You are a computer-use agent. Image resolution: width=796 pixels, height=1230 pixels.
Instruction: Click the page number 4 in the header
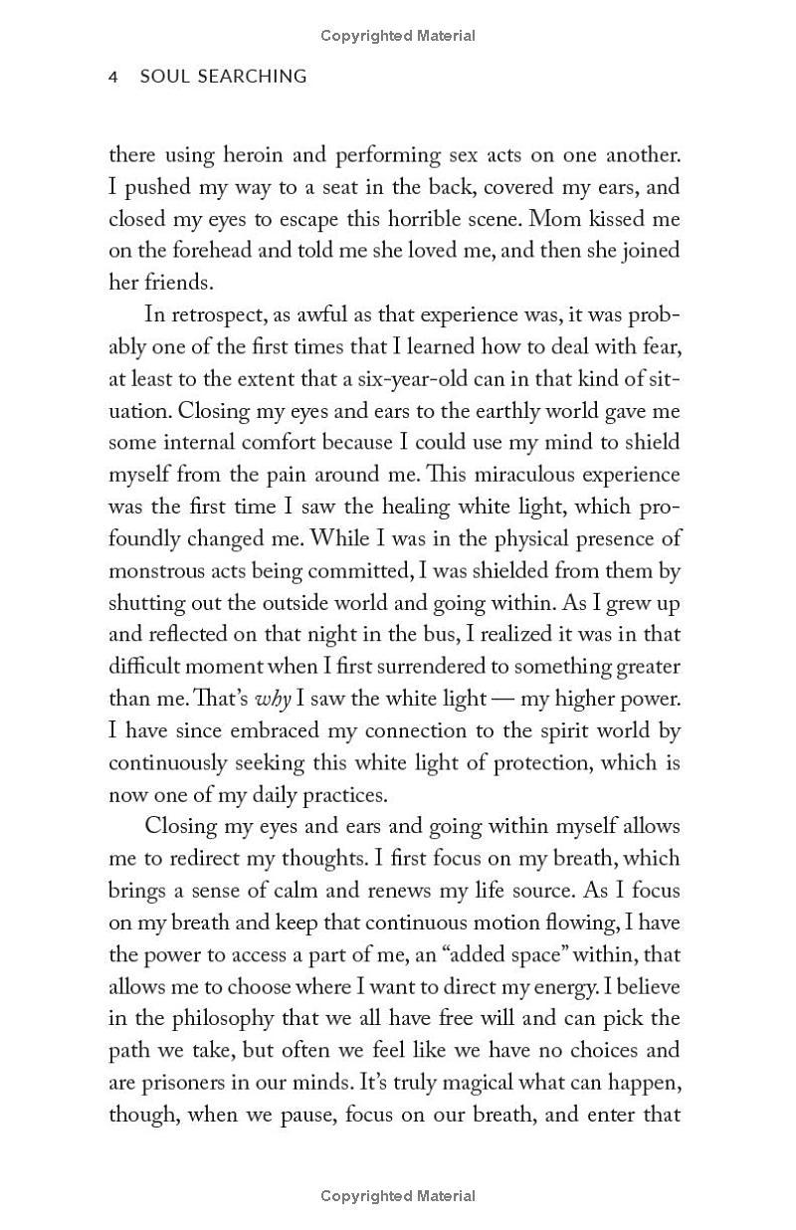tap(113, 77)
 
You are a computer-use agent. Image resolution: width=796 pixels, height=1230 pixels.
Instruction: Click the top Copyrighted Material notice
tap(398, 36)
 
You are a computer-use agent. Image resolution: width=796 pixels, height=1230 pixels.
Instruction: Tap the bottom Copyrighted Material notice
tap(398, 1196)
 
